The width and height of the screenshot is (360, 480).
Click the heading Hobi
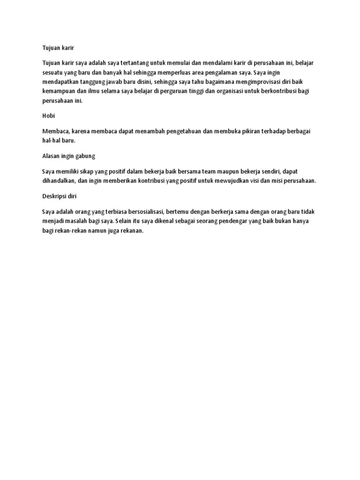tap(48, 115)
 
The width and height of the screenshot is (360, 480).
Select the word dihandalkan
tap(59, 181)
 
